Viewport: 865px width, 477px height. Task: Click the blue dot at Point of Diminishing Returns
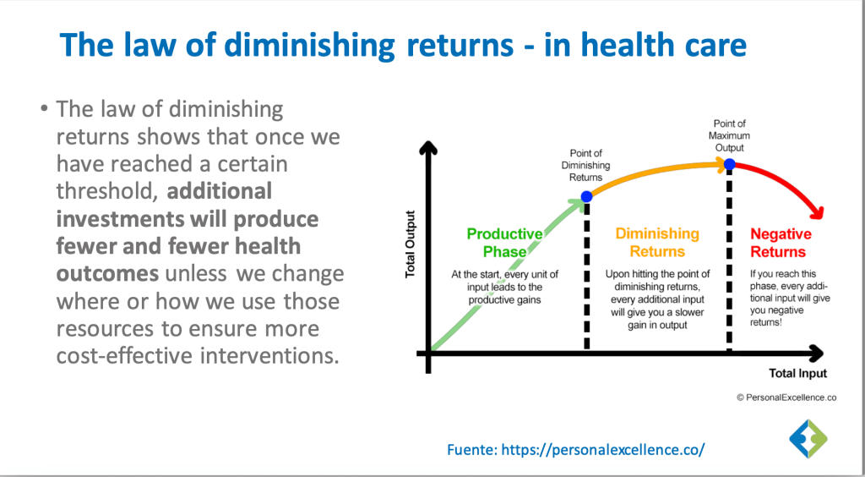tap(586, 196)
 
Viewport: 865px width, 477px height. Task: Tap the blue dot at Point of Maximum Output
tap(729, 164)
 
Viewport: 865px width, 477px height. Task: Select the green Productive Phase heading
tap(505, 243)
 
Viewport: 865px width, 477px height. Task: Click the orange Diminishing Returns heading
tap(657, 243)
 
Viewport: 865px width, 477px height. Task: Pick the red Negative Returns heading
tap(781, 243)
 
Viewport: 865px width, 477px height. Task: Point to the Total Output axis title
tap(410, 244)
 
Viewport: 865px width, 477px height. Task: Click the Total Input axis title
tap(797, 374)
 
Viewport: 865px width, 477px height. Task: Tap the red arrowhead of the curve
tap(815, 212)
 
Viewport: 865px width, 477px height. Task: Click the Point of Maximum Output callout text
tap(729, 135)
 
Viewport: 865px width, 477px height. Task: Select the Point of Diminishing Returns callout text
tap(586, 166)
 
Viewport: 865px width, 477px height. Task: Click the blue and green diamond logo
tap(808, 439)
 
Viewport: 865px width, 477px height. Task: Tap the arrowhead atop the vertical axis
tap(428, 148)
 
